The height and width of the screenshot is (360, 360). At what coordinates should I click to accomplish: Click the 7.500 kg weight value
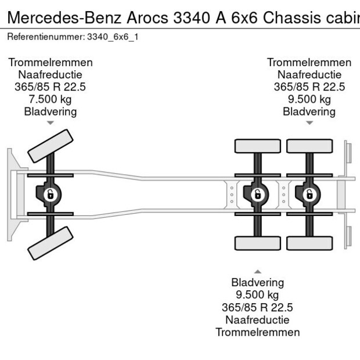[x=50, y=99]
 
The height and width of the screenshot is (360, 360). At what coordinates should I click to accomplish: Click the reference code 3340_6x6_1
[x=113, y=37]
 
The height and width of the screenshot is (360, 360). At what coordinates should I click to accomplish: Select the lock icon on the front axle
[x=51, y=195]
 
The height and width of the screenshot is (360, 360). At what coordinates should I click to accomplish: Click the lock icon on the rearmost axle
[x=309, y=195]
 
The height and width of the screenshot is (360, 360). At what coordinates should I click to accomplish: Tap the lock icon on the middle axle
[x=257, y=195]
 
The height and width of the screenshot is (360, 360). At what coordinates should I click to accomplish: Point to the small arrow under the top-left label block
[x=50, y=123]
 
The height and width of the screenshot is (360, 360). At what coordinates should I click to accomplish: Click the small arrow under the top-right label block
[x=309, y=123]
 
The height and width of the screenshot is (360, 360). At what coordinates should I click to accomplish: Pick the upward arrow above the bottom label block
[x=257, y=271]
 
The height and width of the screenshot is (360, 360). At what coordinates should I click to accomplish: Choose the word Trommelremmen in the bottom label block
[x=257, y=332]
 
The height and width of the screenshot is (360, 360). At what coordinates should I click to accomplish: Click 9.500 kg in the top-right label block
[x=309, y=99]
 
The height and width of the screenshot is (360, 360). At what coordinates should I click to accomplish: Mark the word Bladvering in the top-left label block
[x=50, y=111]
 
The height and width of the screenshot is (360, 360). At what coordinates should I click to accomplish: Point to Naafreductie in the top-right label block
[x=309, y=74]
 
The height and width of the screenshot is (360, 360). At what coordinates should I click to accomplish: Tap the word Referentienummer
[x=45, y=37]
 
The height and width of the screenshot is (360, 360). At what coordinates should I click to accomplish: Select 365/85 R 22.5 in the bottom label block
[x=257, y=307]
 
